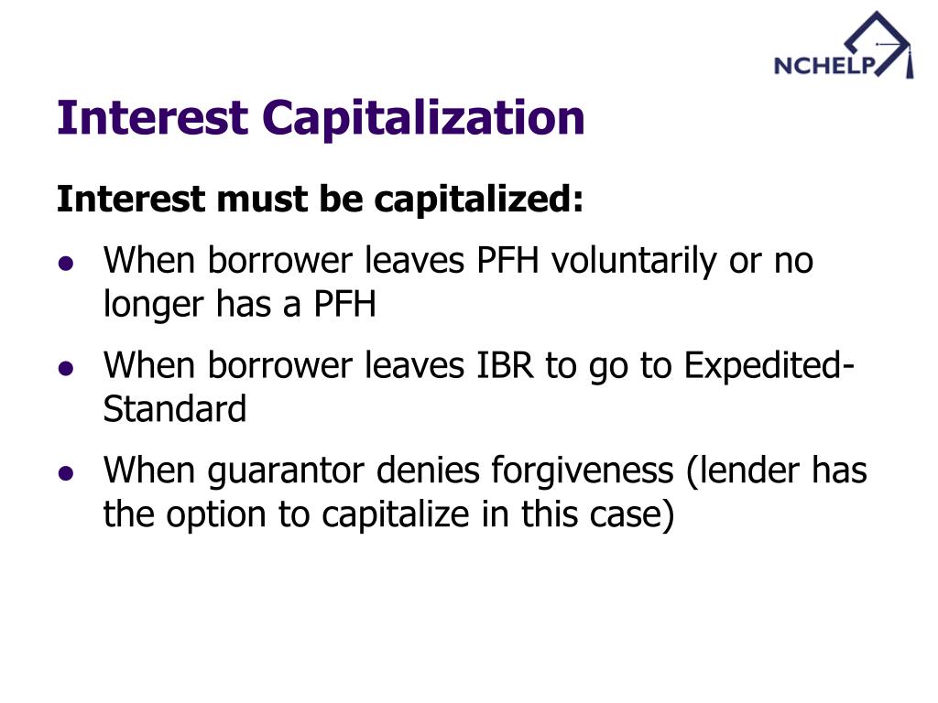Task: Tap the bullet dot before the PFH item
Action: coord(65,264)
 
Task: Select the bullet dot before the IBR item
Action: coord(65,368)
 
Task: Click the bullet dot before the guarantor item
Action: coord(65,473)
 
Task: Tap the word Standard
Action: coord(175,409)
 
